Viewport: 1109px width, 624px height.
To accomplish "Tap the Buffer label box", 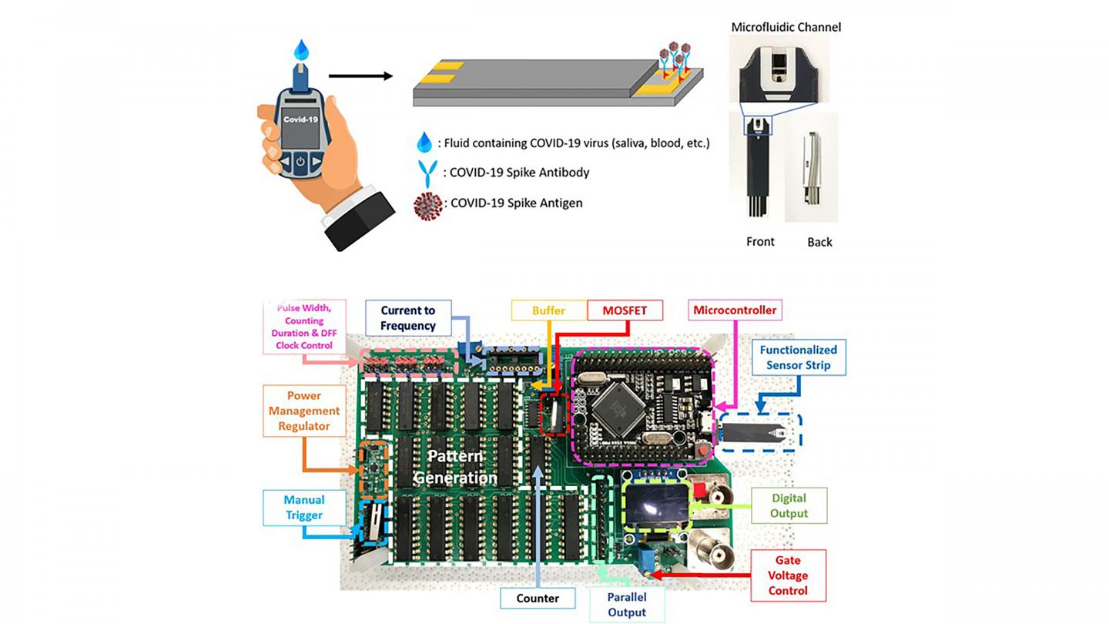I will (x=548, y=310).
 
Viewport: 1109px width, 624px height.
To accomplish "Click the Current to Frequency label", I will (x=407, y=318).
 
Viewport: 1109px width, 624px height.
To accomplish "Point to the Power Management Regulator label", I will (x=303, y=411).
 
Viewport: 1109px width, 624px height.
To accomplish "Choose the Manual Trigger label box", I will (x=303, y=508).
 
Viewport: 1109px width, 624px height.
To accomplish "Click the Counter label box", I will (x=538, y=598).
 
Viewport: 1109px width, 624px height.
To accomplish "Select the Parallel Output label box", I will (x=626, y=605).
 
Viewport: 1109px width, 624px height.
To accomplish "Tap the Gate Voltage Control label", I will (x=787, y=575).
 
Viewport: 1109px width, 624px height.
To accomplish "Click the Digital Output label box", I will (x=789, y=505).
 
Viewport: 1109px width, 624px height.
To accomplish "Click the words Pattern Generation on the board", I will (x=455, y=466).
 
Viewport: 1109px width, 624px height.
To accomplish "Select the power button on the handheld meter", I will (x=300, y=162).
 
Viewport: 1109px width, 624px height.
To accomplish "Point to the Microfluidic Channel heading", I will (x=785, y=27).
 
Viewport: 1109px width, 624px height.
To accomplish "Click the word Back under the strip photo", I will (x=819, y=242).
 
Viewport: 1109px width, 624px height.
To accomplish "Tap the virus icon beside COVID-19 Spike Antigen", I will (x=427, y=206).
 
